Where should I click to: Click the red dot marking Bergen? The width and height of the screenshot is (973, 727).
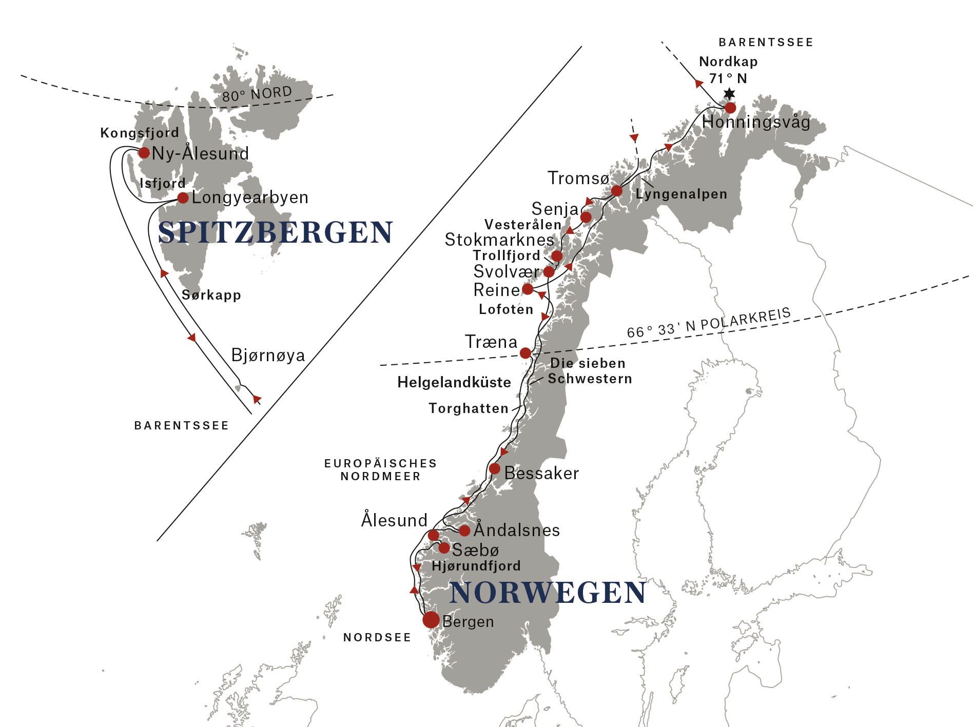(431, 620)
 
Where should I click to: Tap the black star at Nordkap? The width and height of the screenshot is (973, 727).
(729, 94)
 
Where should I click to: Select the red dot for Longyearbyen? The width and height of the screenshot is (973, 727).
(183, 198)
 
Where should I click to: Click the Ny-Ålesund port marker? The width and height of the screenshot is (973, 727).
(144, 152)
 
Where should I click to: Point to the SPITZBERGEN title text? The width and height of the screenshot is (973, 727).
(276, 232)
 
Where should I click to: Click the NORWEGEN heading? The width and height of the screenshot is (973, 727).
(548, 593)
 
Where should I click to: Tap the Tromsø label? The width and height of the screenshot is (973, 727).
(578, 178)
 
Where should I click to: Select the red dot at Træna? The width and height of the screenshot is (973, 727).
(526, 353)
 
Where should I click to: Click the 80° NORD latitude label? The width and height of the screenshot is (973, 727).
(257, 94)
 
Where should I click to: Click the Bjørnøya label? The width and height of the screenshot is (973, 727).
(268, 355)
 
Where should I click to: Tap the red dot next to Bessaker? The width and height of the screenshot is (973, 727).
(494, 468)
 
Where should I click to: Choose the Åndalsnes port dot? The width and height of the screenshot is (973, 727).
(464, 530)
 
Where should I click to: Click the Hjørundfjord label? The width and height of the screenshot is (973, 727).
(476, 566)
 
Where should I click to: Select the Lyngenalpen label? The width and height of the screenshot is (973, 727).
(681, 194)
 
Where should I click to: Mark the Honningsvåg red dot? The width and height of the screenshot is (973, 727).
(730, 108)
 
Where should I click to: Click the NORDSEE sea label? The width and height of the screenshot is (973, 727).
(377, 638)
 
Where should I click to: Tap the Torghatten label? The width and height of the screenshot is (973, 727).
(469, 408)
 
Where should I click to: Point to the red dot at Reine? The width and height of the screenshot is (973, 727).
(528, 289)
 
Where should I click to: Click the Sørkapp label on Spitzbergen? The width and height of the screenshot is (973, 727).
(211, 295)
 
